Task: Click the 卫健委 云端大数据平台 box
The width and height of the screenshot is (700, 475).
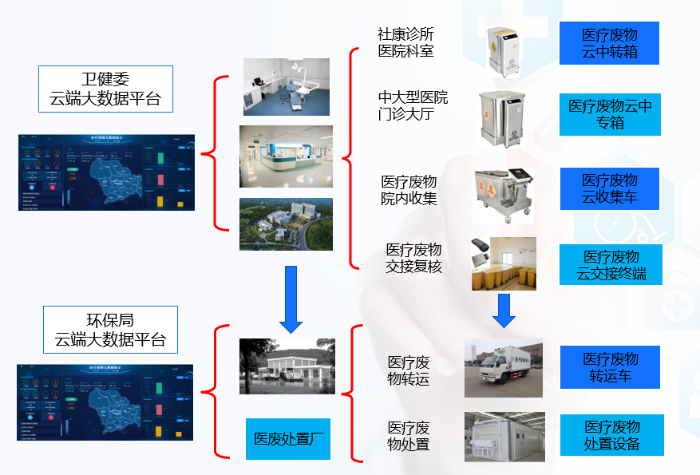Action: [x=105, y=89]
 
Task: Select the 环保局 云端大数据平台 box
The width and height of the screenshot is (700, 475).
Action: [x=110, y=329]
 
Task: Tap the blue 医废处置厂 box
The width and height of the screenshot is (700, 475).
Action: [x=287, y=438]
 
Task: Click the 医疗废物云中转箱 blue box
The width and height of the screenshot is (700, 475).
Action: [x=610, y=44]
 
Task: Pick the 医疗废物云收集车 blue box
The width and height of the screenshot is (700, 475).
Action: [x=610, y=188]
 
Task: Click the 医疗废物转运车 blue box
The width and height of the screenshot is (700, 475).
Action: [x=610, y=367]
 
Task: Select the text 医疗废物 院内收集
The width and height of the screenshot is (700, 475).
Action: [x=409, y=191]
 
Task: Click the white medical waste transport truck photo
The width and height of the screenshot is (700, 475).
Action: [x=503, y=367]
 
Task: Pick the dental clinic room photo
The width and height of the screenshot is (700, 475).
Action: [x=287, y=86]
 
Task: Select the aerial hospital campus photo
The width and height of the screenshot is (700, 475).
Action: [x=287, y=224]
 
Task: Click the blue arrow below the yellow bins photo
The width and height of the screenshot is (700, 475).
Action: [x=503, y=310]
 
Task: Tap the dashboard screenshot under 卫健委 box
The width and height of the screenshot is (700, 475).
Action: [x=107, y=172]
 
